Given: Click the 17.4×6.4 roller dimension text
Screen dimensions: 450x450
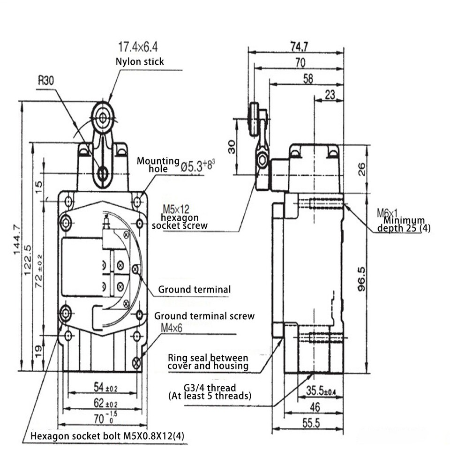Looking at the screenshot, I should pyautogui.click(x=138, y=47).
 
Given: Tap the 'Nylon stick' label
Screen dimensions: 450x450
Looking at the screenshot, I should pyautogui.click(x=140, y=61).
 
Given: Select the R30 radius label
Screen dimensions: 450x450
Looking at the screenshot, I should pyautogui.click(x=46, y=80).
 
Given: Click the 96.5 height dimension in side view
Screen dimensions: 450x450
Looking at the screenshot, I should pyautogui.click(x=361, y=279).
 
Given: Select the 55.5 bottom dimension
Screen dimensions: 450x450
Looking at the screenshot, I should pyautogui.click(x=310, y=423).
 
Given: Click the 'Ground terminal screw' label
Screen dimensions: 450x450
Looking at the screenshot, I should pyautogui.click(x=204, y=316).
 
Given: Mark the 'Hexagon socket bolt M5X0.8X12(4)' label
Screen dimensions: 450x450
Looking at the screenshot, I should pyautogui.click(x=107, y=436).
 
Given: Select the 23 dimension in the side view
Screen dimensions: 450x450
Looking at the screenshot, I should pyautogui.click(x=330, y=95).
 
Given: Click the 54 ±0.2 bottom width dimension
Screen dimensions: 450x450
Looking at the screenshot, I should pyautogui.click(x=105, y=387).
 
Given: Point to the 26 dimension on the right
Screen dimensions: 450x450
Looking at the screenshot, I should pyautogui.click(x=361, y=169).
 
